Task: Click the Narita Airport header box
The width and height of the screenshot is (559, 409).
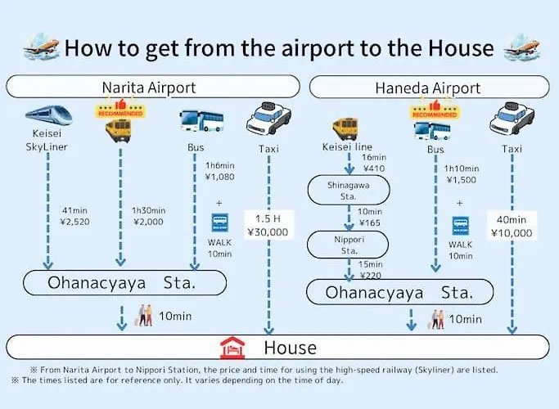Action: click(153, 87)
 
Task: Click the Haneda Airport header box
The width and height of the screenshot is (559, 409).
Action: click(429, 88)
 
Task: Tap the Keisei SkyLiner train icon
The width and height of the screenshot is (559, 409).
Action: click(49, 115)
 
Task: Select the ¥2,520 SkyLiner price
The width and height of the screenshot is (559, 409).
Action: click(74, 222)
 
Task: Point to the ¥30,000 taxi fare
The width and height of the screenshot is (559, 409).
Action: click(268, 232)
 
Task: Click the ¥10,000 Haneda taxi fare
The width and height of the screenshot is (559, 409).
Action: click(512, 233)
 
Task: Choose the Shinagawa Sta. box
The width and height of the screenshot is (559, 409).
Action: click(349, 191)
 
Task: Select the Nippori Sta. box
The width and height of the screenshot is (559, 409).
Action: click(348, 245)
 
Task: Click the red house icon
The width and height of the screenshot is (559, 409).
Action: click(232, 348)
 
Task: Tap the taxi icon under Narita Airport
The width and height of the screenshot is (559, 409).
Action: click(268, 118)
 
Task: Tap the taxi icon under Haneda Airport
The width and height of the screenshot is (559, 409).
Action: click(512, 119)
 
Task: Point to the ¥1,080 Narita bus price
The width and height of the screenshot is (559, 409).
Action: click(219, 177)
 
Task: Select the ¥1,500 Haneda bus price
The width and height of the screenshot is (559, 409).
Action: click(462, 180)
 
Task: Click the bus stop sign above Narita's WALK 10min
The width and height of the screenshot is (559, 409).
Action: click(219, 222)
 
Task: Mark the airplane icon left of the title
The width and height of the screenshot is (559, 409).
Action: click(42, 47)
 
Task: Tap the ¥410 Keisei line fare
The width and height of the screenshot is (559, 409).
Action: click(374, 169)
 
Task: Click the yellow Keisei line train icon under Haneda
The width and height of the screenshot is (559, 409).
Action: click(345, 128)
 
